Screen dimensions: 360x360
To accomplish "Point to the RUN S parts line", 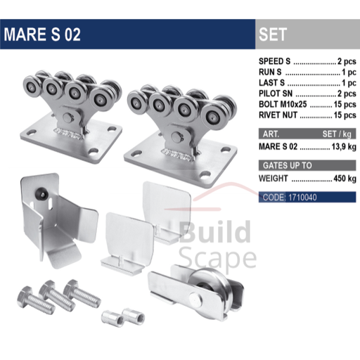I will [x=306, y=72].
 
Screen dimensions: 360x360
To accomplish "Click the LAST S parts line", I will [x=306, y=82].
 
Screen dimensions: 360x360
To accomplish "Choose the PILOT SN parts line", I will [x=306, y=94].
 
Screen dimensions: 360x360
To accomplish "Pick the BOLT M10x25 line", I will [x=306, y=104].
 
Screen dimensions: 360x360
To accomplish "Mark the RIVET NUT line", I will [x=306, y=115].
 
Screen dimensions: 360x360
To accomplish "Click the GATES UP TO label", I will [x=285, y=166].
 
